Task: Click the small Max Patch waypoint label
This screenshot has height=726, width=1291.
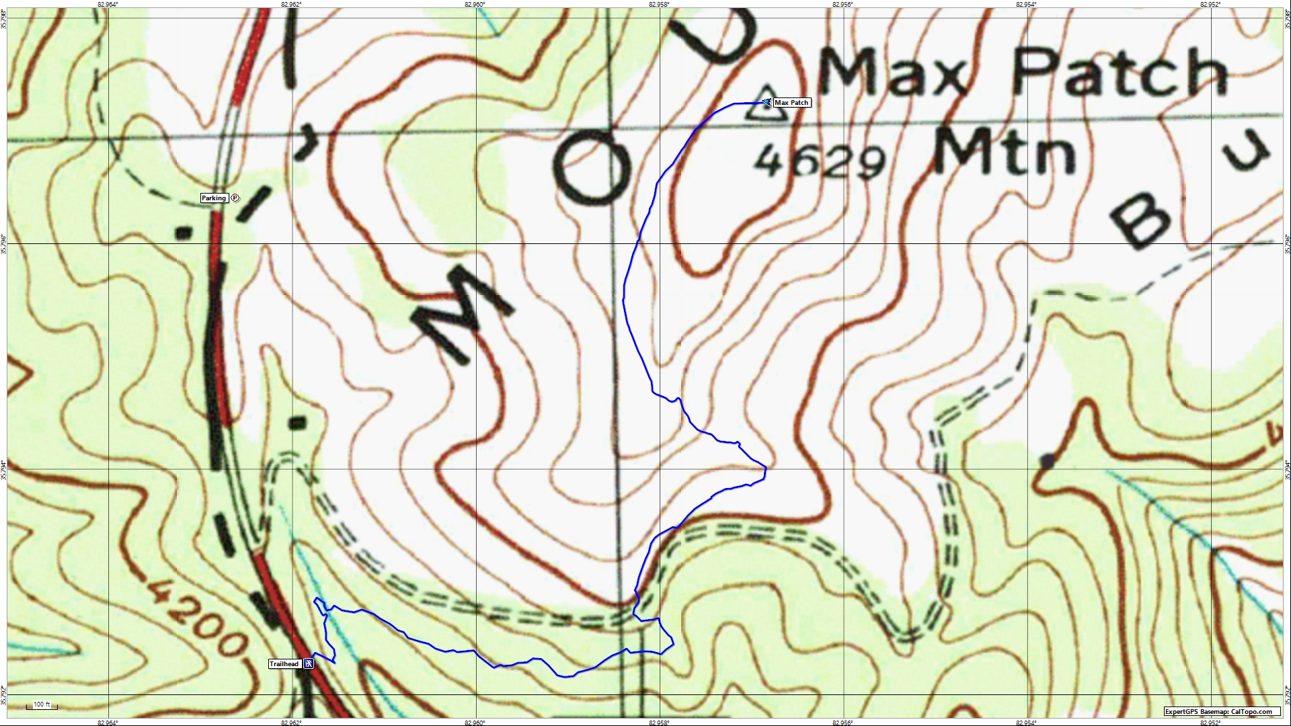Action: pyautogui.click(x=791, y=103)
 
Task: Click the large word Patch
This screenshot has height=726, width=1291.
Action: pyautogui.click(x=1120, y=72)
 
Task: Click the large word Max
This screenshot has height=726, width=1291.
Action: pyautogui.click(x=894, y=73)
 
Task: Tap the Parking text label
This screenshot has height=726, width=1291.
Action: pyautogui.click(x=214, y=198)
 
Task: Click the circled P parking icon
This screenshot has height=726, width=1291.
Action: pyautogui.click(x=235, y=198)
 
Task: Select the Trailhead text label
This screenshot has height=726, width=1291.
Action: pyautogui.click(x=284, y=664)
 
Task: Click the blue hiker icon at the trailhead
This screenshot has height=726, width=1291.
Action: pyautogui.click(x=309, y=664)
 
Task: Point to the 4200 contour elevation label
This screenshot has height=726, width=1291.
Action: pyautogui.click(x=194, y=618)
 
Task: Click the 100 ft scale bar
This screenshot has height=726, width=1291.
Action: pyautogui.click(x=42, y=705)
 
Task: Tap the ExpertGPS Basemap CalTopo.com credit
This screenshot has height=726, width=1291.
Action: pyautogui.click(x=1221, y=712)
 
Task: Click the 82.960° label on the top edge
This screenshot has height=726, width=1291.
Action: pyautogui.click(x=475, y=4)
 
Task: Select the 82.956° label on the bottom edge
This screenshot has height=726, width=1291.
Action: pyautogui.click(x=843, y=723)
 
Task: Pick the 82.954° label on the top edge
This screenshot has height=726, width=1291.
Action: pyautogui.click(x=1026, y=4)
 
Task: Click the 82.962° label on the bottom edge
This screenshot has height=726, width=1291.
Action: pyautogui.click(x=291, y=723)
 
